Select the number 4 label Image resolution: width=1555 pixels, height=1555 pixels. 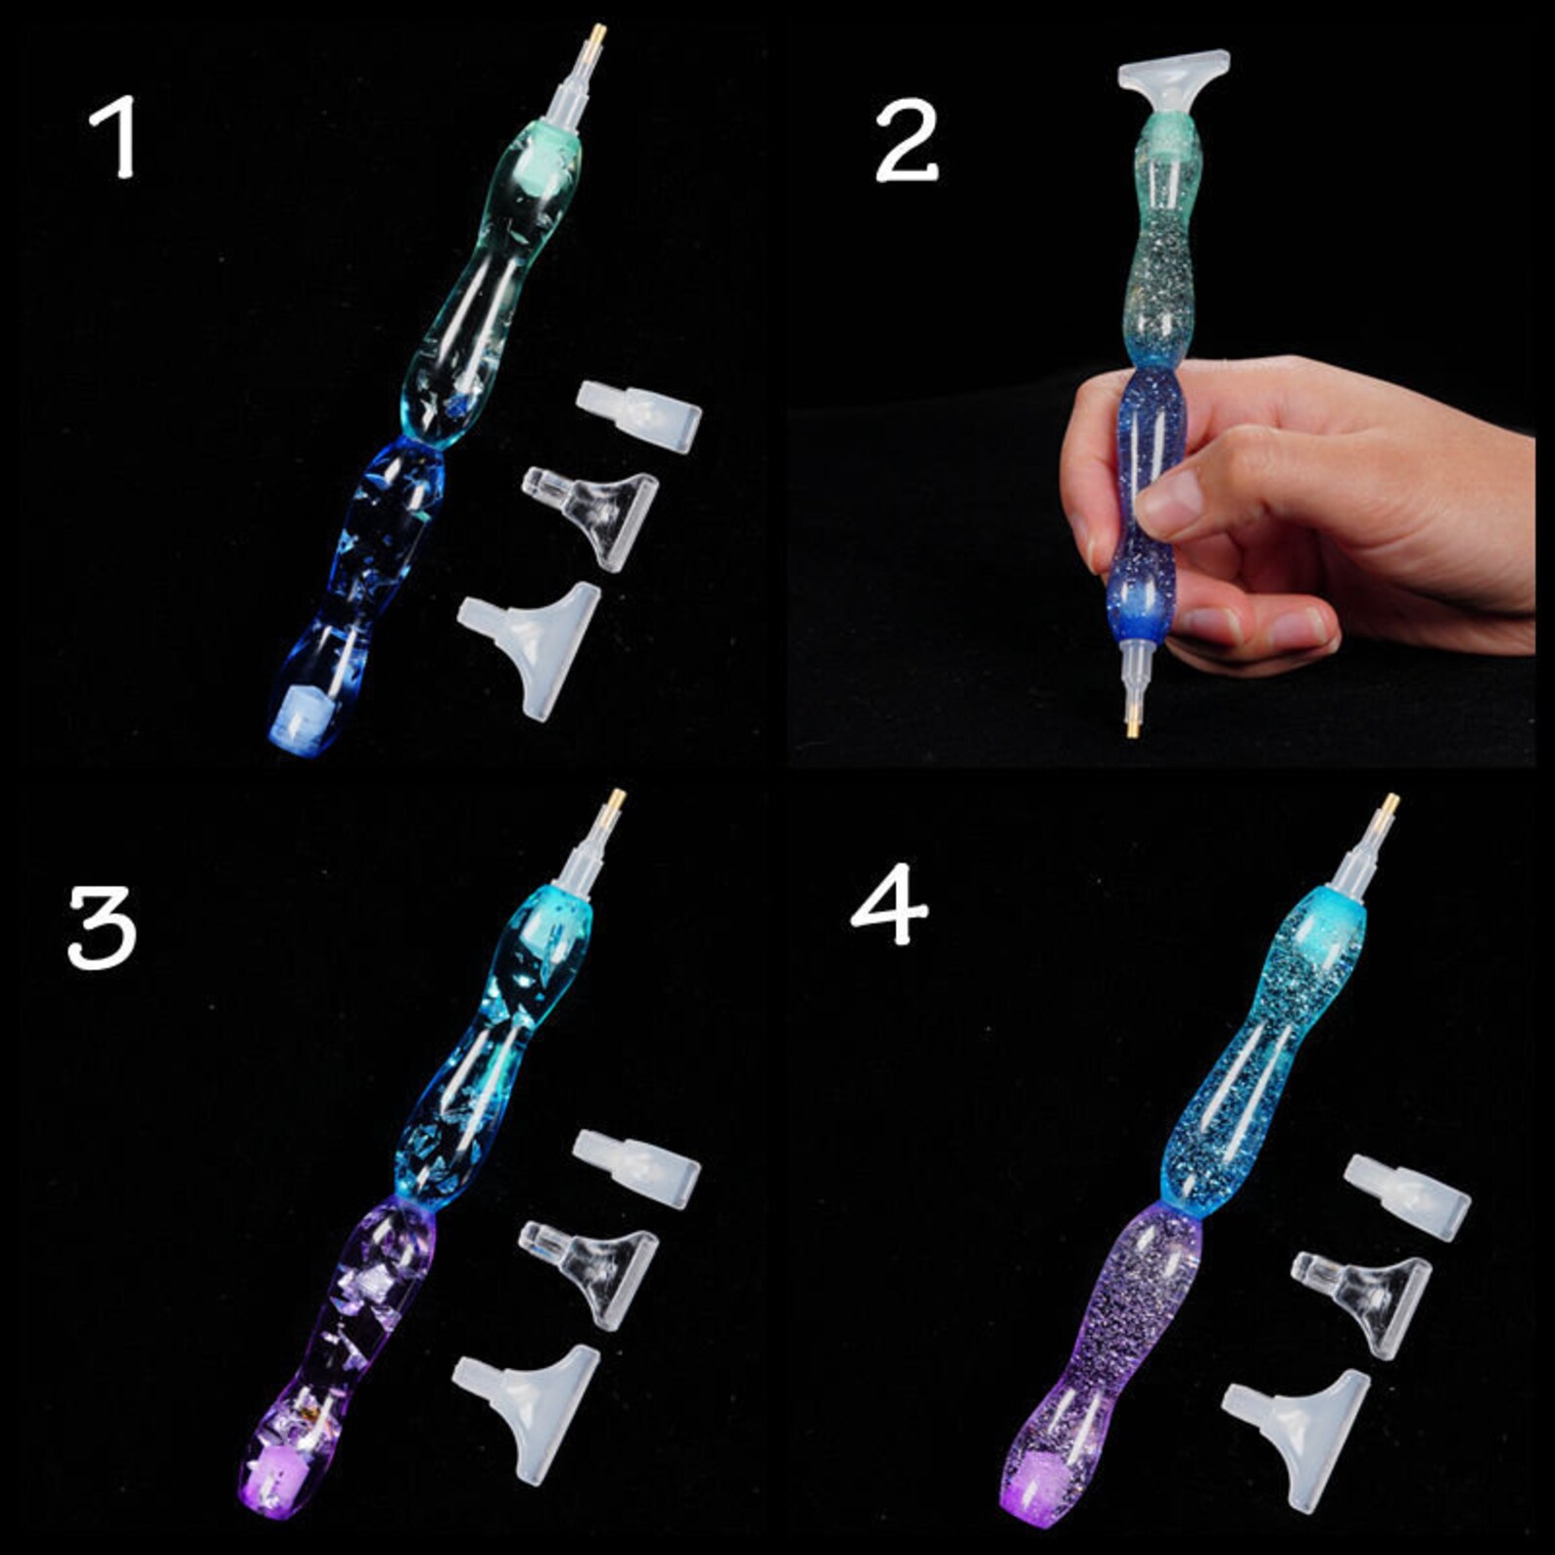(888, 908)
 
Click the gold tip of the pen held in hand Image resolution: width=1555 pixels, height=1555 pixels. (1132, 726)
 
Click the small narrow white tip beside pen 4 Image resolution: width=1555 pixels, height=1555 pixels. (1407, 1195)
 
